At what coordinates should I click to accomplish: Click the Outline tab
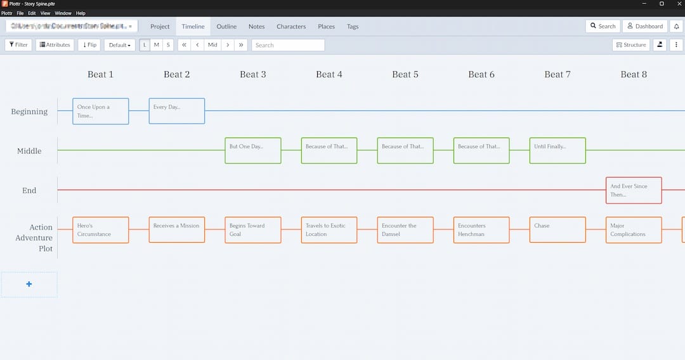(226, 27)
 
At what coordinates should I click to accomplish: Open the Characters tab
(291, 27)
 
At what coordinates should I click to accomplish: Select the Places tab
(326, 27)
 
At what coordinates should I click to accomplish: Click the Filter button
(18, 45)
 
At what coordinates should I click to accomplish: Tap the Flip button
(89, 45)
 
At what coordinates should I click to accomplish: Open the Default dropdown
(120, 45)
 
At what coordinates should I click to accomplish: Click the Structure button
(631, 45)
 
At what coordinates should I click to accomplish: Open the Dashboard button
(644, 26)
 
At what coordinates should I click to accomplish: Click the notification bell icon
(676, 26)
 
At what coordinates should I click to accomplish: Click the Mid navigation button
(212, 45)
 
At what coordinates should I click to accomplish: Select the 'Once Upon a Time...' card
(101, 111)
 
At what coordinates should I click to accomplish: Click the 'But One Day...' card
(253, 150)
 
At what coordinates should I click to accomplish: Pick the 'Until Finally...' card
(558, 150)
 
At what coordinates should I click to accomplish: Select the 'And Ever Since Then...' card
(634, 190)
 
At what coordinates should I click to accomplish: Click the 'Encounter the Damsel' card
(405, 229)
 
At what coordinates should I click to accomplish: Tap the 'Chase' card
(558, 229)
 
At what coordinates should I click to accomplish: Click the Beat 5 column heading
(405, 74)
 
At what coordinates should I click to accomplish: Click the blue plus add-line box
(29, 285)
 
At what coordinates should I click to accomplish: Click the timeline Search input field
(288, 45)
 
